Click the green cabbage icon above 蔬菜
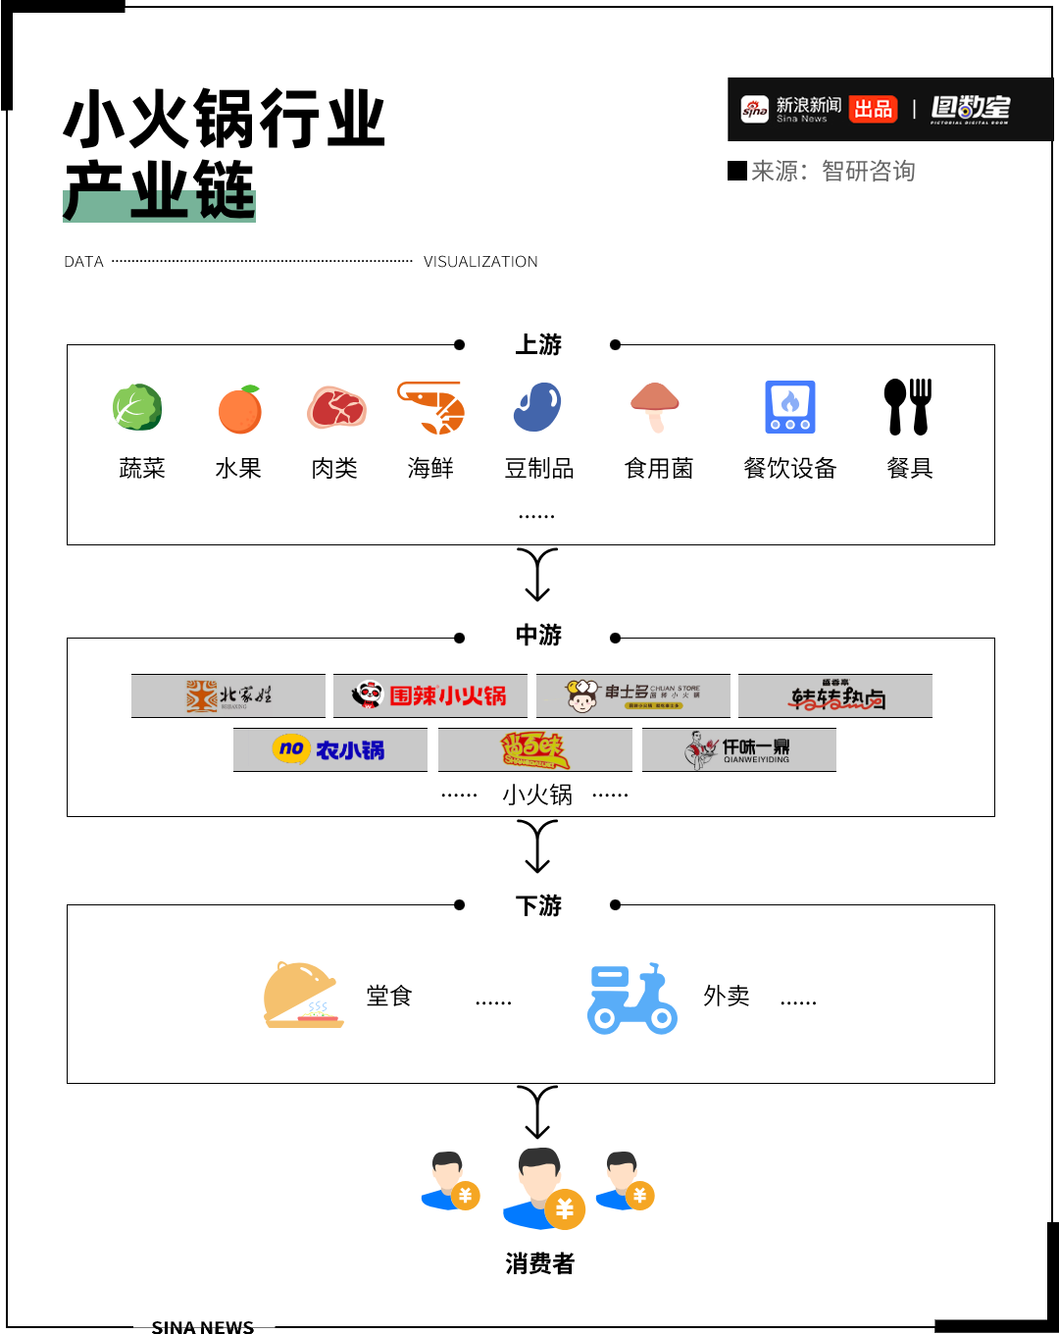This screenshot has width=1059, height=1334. pyautogui.click(x=137, y=408)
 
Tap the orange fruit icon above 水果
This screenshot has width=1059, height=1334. pyautogui.click(x=239, y=410)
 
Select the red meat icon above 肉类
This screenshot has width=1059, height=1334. pyautogui.click(x=336, y=408)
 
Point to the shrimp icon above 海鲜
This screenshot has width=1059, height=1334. pyautogui.click(x=431, y=408)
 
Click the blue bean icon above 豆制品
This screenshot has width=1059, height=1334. pyautogui.click(x=537, y=407)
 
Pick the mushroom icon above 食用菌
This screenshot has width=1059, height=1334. pyautogui.click(x=655, y=407)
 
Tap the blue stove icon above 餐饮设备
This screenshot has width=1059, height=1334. pyautogui.click(x=790, y=407)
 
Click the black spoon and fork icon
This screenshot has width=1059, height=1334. pyautogui.click(x=908, y=407)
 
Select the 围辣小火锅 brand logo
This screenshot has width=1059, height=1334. pyautogui.click(x=430, y=695)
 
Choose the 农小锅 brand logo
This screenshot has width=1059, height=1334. pyautogui.click(x=329, y=750)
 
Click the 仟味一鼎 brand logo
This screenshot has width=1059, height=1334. pyautogui.click(x=738, y=750)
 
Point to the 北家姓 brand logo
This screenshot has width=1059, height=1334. pyautogui.click(x=228, y=695)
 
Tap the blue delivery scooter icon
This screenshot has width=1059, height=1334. pyautogui.click(x=631, y=999)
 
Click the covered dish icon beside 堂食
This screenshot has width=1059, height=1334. pyautogui.click(x=303, y=996)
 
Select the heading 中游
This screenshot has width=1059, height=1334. pyautogui.click(x=538, y=636)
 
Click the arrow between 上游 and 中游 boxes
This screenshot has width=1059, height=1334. pyautogui.click(x=537, y=575)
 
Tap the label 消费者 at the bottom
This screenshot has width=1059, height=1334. pyautogui.click(x=539, y=1263)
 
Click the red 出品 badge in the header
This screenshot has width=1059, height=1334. pyautogui.click(x=873, y=109)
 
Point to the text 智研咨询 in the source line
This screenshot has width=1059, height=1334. pyautogui.click(x=868, y=172)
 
